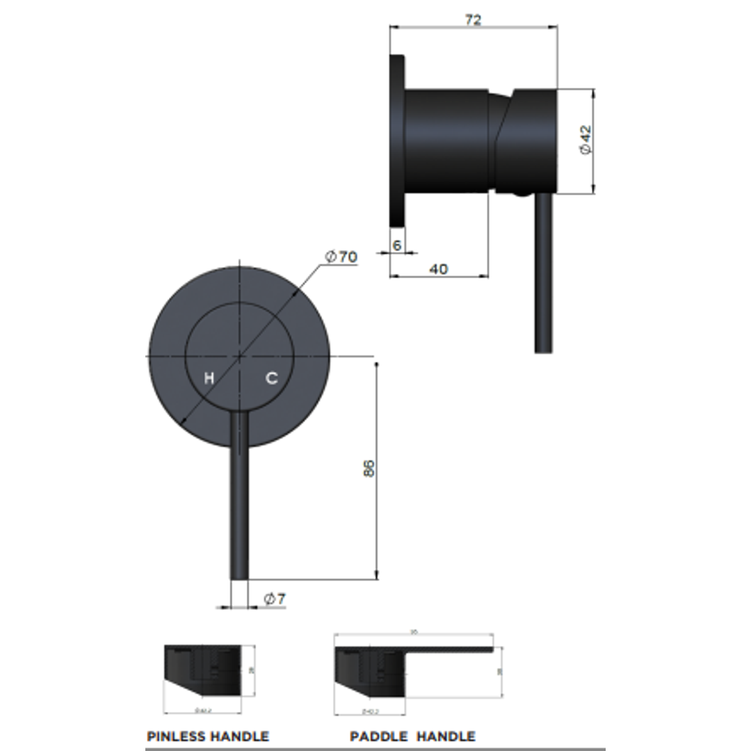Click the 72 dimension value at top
point(473,20)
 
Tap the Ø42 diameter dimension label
point(586,140)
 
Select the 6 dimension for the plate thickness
point(397,245)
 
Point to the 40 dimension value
point(438,268)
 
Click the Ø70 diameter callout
point(341,257)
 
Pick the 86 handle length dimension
point(369,468)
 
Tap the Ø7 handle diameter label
point(274,599)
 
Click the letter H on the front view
point(209,379)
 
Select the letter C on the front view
point(272,378)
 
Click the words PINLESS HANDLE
point(207,736)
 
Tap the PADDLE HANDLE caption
point(412,736)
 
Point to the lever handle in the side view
point(543,278)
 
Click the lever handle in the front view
point(239,501)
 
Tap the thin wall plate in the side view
point(397,140)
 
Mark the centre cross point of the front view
point(240,356)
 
